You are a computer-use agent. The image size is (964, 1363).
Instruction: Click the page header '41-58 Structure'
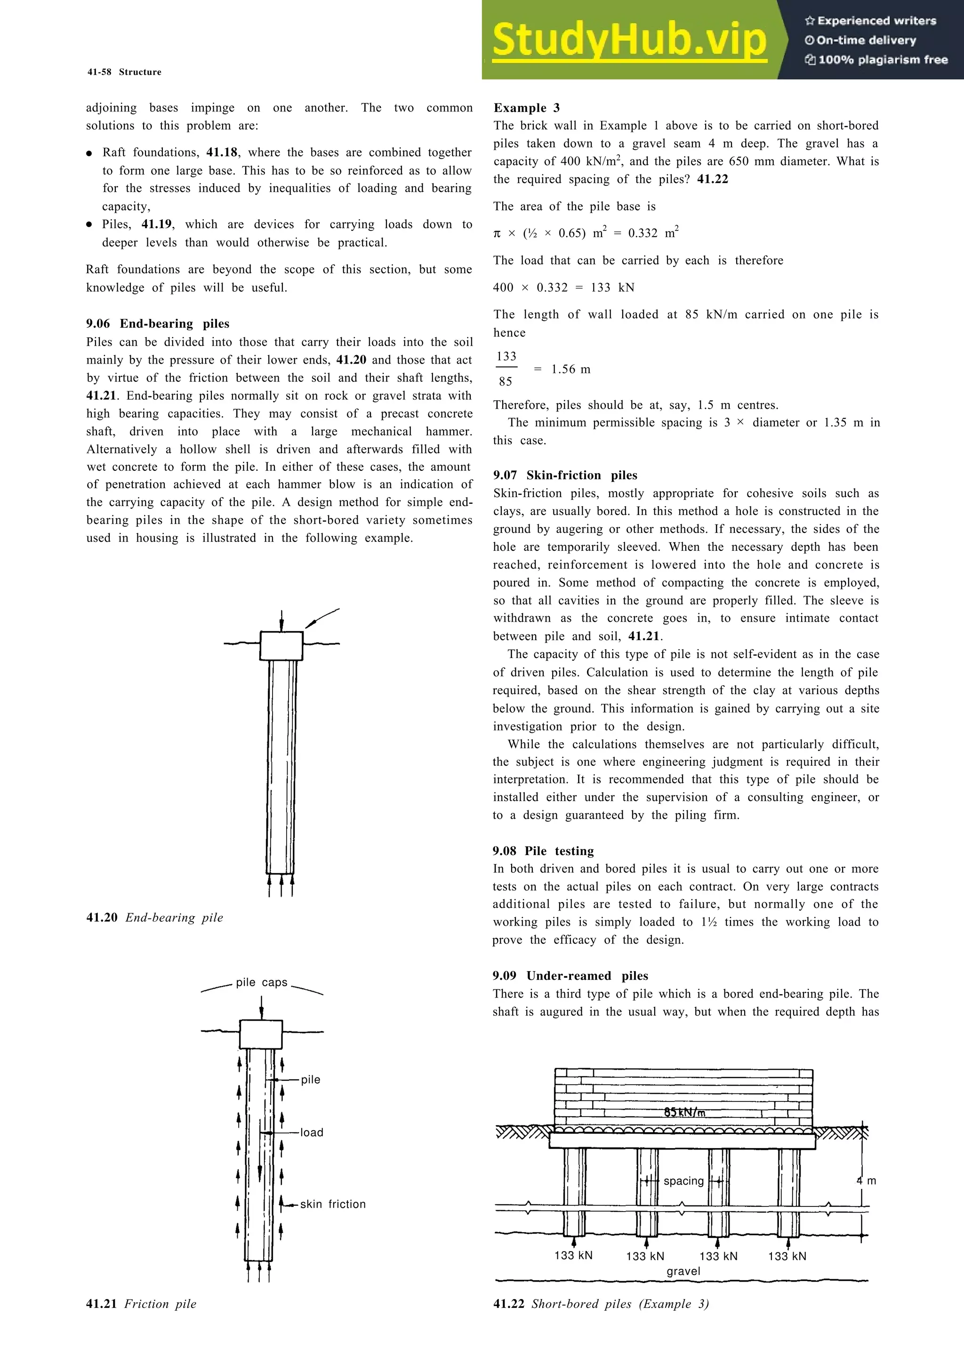click(124, 72)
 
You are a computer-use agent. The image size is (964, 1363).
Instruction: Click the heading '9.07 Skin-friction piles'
click(565, 475)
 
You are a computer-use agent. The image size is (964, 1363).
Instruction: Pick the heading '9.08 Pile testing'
click(543, 851)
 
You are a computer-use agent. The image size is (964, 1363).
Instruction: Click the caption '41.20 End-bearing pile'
click(154, 917)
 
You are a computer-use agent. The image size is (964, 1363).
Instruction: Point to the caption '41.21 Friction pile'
click(141, 1304)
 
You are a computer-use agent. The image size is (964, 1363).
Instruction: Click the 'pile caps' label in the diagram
click(261, 983)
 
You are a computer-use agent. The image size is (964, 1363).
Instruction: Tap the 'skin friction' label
click(333, 1204)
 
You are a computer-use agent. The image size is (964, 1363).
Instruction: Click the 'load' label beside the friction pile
click(312, 1133)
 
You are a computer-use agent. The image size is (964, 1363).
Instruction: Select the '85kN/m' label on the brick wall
click(684, 1112)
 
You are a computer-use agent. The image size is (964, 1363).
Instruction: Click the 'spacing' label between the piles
click(683, 1181)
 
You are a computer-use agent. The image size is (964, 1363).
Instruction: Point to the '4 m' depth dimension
click(866, 1181)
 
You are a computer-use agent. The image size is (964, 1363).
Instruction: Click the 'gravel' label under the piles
click(683, 1271)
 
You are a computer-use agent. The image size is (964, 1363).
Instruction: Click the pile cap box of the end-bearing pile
click(281, 646)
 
